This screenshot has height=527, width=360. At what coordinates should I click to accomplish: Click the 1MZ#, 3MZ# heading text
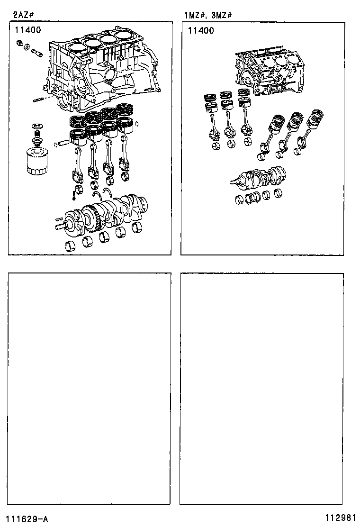[x=208, y=16]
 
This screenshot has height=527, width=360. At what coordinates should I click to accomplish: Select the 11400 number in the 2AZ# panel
[x=28, y=30]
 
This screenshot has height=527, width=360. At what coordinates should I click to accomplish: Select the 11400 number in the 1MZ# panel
[x=201, y=31]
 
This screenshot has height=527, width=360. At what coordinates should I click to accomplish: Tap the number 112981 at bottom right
[x=340, y=517]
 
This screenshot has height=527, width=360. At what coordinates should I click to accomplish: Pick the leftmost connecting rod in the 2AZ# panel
[x=77, y=165]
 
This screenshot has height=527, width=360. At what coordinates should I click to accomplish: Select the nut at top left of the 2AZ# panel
[x=20, y=43]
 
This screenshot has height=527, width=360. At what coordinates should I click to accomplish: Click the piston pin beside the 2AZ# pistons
[x=63, y=143]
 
